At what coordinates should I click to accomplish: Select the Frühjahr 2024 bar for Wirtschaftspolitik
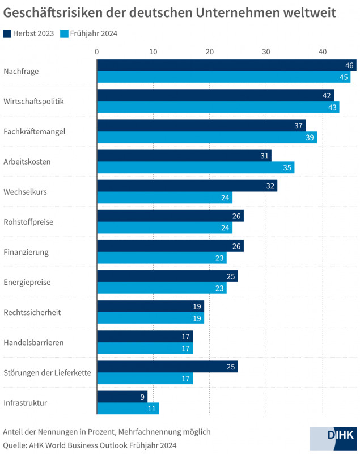coord(218,107)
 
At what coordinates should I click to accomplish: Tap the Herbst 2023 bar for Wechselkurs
coord(187,186)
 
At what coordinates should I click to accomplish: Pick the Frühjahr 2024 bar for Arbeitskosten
coord(196,167)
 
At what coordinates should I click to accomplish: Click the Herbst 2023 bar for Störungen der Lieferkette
coord(167,367)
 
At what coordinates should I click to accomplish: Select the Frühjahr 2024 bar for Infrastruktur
coord(128,409)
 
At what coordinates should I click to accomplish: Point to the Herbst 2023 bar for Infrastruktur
coord(122,397)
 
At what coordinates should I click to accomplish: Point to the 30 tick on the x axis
coord(266,52)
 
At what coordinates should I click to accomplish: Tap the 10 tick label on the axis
coord(153,52)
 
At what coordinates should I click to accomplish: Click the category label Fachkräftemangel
coord(35,131)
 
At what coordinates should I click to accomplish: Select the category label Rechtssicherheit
coord(32,312)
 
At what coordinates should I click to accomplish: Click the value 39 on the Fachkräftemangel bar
coord(310,137)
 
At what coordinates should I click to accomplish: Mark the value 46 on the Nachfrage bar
coord(349,65)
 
